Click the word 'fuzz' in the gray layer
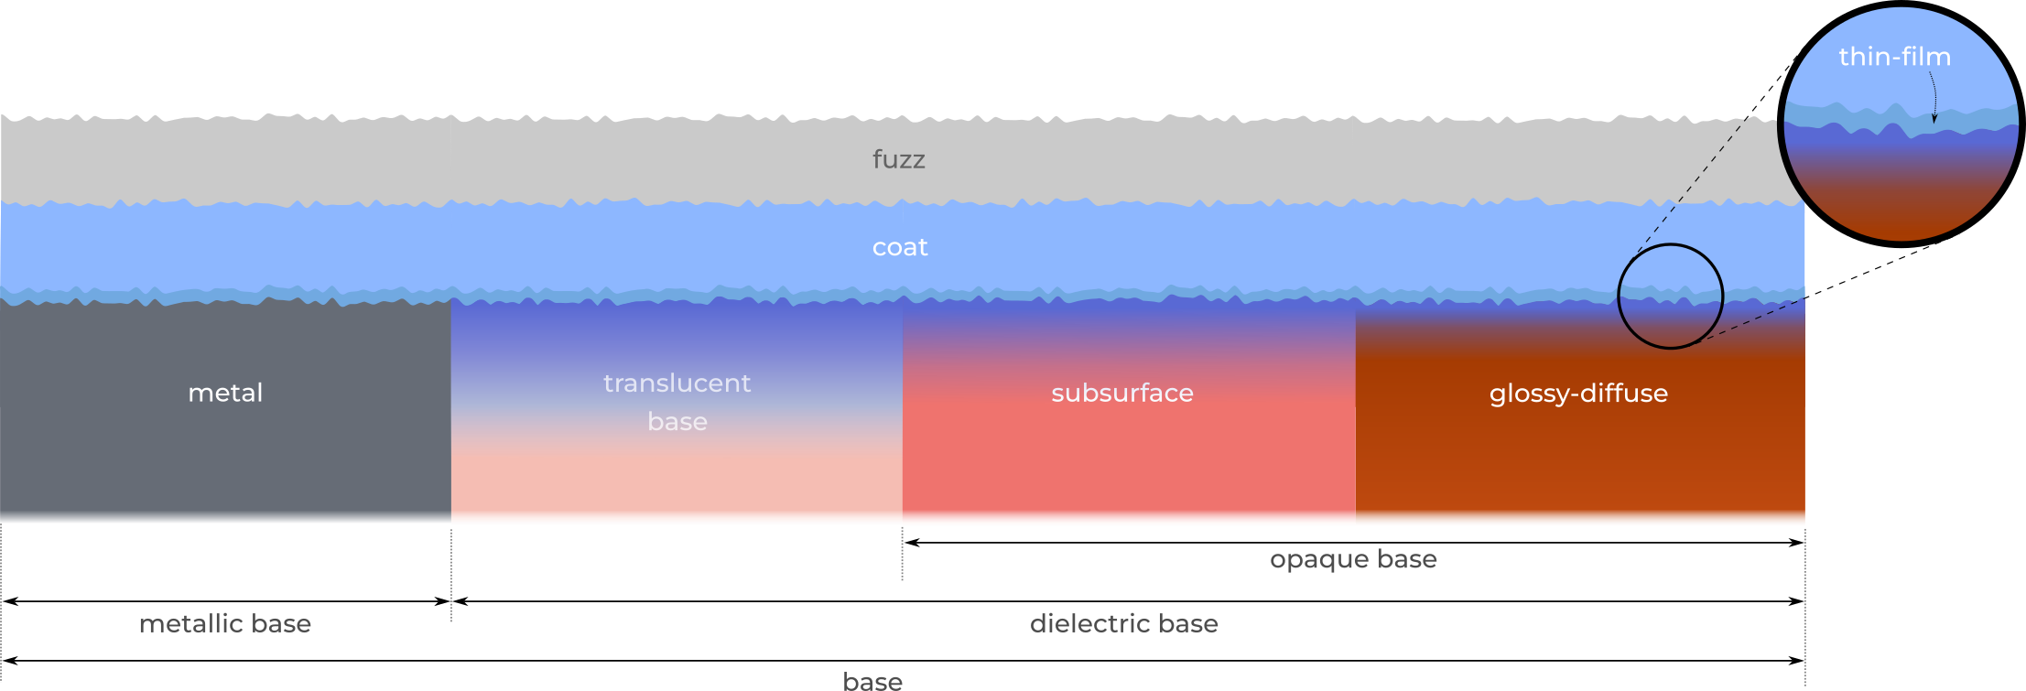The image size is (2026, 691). (898, 159)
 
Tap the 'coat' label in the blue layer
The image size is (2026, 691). (900, 247)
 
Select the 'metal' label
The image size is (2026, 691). (225, 393)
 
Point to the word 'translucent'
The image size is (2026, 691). (677, 383)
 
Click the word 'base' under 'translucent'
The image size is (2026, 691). (677, 421)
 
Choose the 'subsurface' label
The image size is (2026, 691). (1122, 393)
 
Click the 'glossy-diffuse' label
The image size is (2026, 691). (1578, 394)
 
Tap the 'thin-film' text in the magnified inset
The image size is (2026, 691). (1894, 57)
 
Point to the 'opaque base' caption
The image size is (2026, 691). (1353, 559)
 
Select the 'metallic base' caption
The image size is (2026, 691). (225, 624)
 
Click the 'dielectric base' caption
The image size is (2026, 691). (1124, 624)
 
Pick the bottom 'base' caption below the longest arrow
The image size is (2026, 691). (872, 681)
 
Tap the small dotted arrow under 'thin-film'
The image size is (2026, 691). (1934, 96)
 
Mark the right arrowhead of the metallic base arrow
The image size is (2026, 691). (442, 601)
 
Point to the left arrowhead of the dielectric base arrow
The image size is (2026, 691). (460, 601)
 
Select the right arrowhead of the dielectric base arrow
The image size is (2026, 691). (1796, 601)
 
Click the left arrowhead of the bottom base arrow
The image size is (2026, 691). (11, 660)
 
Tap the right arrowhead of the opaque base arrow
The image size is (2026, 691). (1796, 543)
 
